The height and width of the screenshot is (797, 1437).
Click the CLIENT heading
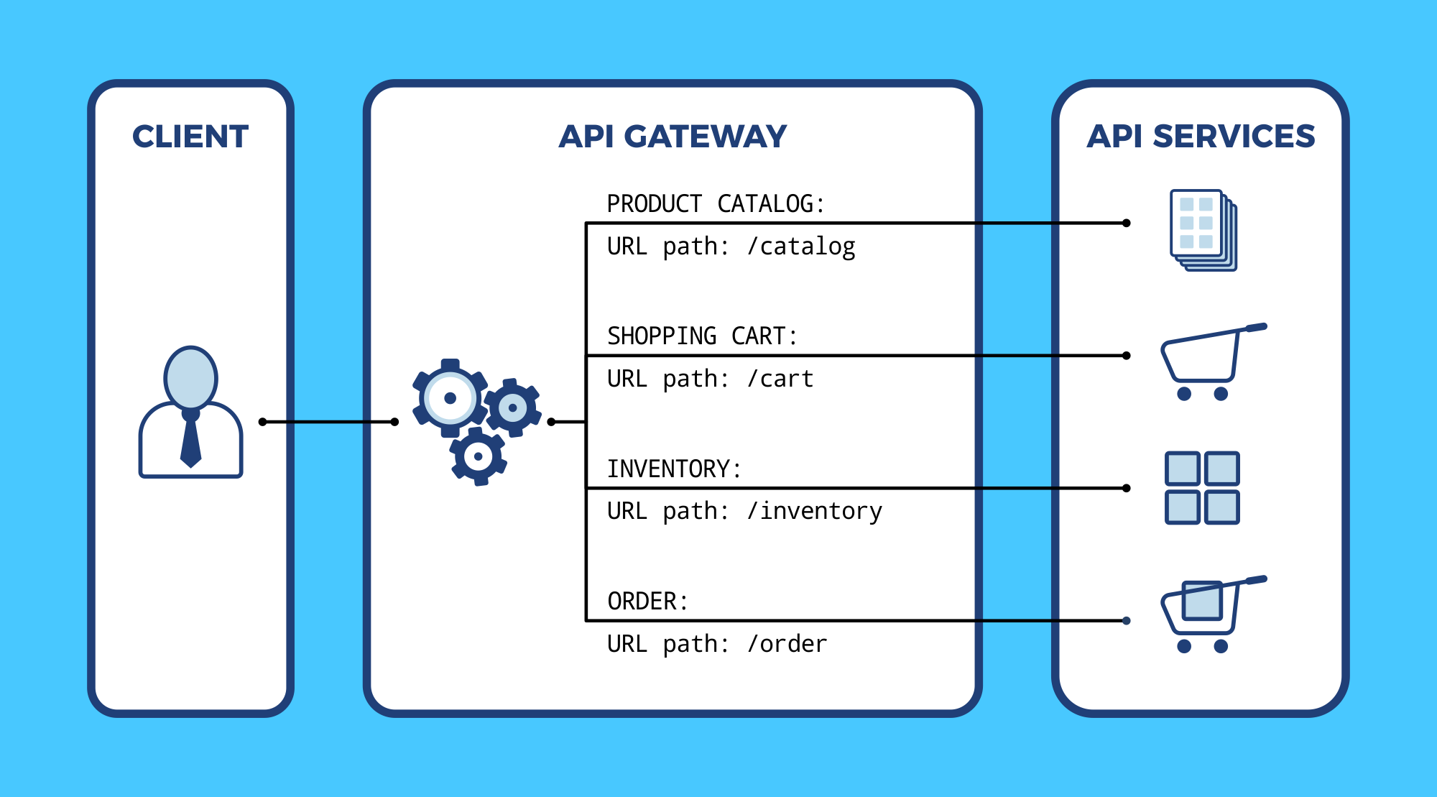pos(190,137)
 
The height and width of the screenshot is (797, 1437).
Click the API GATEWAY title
pos(673,137)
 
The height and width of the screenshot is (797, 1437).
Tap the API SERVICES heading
pos(1201,137)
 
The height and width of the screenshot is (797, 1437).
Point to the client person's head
pos(190,377)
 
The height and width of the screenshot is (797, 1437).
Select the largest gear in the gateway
pos(450,398)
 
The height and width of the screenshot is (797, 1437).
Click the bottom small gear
pos(479,456)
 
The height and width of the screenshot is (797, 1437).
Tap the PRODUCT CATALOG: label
pos(715,204)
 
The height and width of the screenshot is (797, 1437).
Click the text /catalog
pos(801,247)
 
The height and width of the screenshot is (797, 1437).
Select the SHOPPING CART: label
pos(702,336)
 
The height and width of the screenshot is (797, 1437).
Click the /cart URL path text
pos(780,379)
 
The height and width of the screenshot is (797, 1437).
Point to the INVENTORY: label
pos(673,469)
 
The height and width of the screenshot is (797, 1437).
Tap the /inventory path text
pos(814,511)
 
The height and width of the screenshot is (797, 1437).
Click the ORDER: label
pos(647,602)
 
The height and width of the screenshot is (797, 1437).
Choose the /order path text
pos(787,644)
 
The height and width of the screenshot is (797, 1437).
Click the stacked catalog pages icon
pos(1203,230)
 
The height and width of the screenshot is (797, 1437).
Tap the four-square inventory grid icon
pos(1201,488)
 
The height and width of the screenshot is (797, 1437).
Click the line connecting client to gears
pos(328,422)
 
